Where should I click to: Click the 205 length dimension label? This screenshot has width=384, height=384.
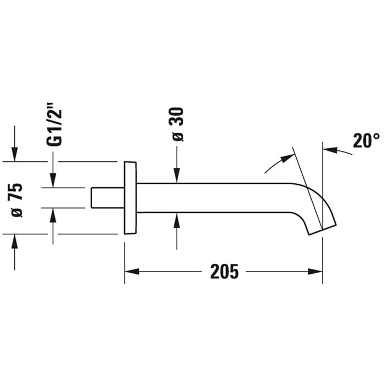(224, 272)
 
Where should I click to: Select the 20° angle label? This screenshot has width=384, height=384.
(366, 140)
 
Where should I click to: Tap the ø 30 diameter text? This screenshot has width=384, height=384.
(178, 125)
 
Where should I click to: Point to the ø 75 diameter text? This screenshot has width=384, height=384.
(17, 200)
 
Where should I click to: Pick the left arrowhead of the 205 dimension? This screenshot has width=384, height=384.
(132, 272)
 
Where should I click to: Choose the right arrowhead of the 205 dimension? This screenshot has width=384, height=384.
(315, 272)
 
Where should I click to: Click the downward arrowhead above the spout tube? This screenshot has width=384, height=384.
(177, 176)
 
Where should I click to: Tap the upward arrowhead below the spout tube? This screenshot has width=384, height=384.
(177, 220)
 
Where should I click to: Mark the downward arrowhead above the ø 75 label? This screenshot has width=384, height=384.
(15, 154)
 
